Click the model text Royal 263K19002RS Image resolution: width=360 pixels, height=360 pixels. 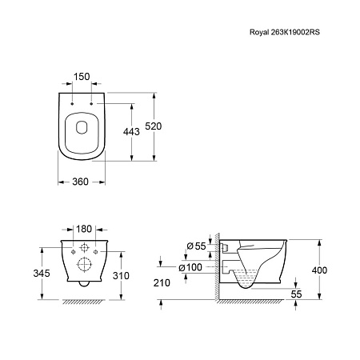pos(285,32)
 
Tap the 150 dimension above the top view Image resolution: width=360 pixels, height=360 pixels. pos(82,77)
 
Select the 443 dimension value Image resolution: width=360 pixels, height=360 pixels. pos(131,131)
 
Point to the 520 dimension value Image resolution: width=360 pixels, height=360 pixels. pos(154,126)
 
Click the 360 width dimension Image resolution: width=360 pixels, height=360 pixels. pos(80,182)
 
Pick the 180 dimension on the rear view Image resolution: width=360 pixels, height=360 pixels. pos(84,229)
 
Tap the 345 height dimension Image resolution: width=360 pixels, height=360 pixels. pos(42,273)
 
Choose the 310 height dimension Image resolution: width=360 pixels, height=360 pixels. pos(121,275)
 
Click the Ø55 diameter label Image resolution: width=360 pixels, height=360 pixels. pos(196,246)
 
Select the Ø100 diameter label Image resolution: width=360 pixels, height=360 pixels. pos(190,267)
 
